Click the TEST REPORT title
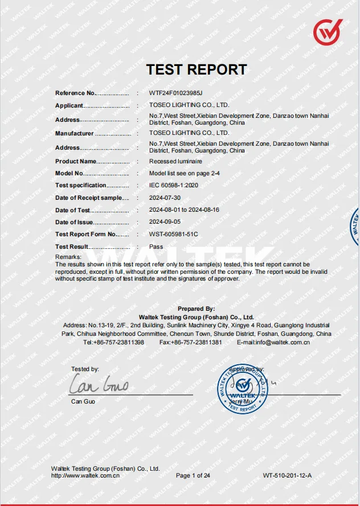(x=197, y=69)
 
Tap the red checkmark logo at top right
(x=328, y=32)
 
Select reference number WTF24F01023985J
(x=175, y=93)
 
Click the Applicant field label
(x=69, y=105)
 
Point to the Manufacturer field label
(x=74, y=134)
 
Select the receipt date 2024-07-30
(x=165, y=198)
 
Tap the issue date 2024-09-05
(x=165, y=223)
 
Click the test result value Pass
(x=156, y=247)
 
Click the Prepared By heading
(x=196, y=309)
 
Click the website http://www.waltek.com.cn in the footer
(x=85, y=475)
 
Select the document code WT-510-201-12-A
(x=287, y=475)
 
